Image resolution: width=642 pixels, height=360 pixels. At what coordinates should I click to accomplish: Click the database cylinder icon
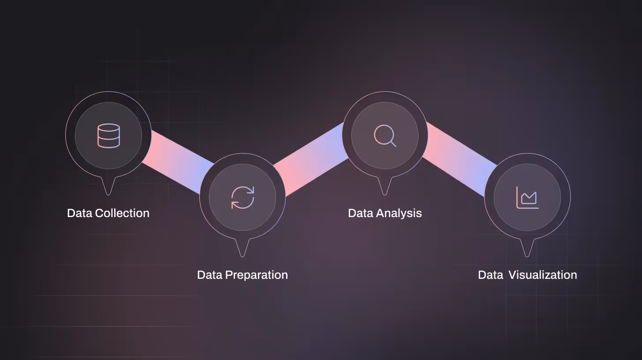tap(108, 135)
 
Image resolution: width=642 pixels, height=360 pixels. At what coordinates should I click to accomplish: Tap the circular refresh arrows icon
tap(243, 197)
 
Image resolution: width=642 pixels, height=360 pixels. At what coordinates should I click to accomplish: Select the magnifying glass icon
tap(384, 135)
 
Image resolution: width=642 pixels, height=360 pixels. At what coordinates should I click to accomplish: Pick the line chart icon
tap(527, 197)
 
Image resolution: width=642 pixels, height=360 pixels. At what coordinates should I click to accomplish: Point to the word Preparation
tap(256, 275)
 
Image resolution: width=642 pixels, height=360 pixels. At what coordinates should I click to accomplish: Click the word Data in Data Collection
tap(80, 213)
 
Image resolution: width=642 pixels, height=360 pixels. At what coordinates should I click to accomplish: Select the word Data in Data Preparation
tap(210, 275)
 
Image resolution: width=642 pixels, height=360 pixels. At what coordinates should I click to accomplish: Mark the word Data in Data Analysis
tap(361, 213)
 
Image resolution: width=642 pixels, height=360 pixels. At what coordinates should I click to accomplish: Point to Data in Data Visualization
tap(490, 275)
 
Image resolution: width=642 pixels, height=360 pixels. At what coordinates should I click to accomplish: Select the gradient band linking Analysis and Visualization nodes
tap(459, 161)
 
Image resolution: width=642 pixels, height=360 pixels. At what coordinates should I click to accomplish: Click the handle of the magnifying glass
tap(393, 143)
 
